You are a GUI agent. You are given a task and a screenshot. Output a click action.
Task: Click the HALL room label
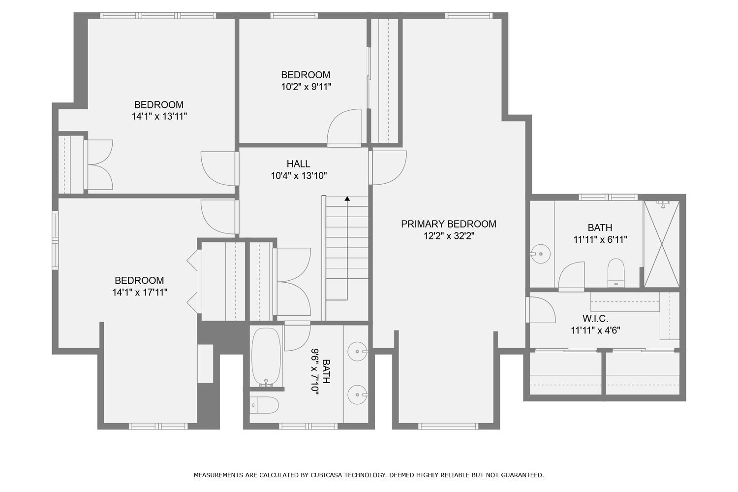[x=298, y=164]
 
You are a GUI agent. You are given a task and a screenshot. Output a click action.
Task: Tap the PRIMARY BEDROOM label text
[x=448, y=224]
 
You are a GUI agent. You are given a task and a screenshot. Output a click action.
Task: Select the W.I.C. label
[x=595, y=318]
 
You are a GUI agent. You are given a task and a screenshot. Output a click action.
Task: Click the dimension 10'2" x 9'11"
[x=306, y=87]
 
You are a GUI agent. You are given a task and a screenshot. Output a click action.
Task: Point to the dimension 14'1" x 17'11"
[x=140, y=292]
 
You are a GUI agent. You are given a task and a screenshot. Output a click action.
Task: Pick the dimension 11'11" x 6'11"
[x=600, y=239]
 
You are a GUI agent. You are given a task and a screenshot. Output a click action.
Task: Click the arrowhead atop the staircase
[x=347, y=198]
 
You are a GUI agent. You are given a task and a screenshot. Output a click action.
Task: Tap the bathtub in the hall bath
[x=267, y=357]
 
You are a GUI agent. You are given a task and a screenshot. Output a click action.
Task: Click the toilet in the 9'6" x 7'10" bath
[x=264, y=405]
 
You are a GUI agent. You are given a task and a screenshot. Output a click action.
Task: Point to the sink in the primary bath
[x=540, y=254]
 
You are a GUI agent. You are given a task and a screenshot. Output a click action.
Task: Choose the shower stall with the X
[x=662, y=244]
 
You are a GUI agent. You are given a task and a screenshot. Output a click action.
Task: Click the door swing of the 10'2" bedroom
[x=344, y=127]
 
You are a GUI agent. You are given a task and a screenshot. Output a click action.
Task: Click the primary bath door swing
[x=571, y=276]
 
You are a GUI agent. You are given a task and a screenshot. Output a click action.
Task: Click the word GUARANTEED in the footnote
[x=522, y=475]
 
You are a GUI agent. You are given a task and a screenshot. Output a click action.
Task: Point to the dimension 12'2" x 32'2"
[x=449, y=236]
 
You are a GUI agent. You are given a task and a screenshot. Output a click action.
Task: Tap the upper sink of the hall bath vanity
[x=358, y=352]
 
